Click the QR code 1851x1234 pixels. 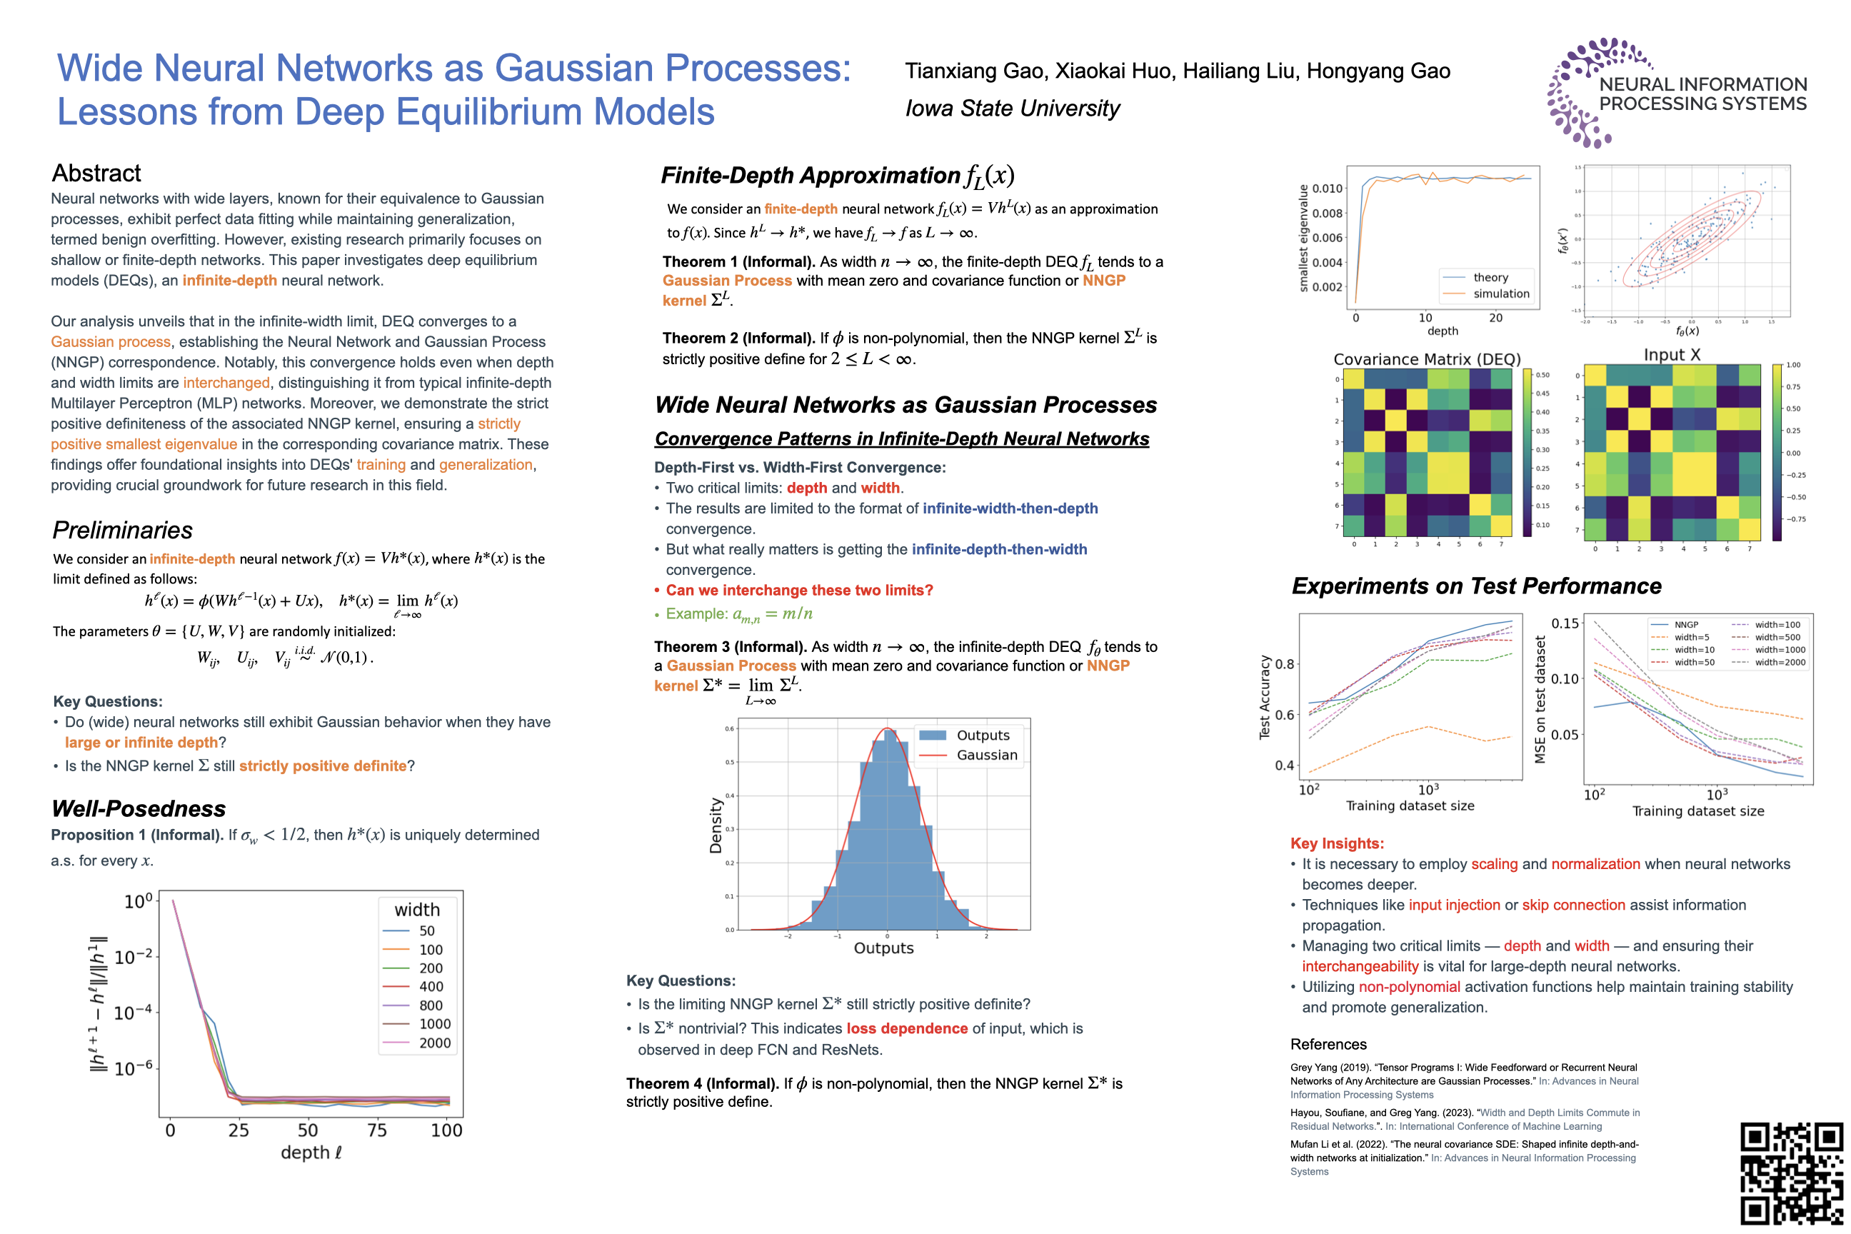[1790, 1173]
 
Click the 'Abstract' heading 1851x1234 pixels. [96, 173]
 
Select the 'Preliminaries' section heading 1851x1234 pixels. [122, 531]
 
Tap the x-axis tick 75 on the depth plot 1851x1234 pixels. [377, 1130]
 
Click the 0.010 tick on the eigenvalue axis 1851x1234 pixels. [1327, 188]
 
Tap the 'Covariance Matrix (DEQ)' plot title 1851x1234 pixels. [1427, 359]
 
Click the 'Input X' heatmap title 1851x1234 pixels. [1672, 355]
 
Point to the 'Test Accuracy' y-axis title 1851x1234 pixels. [1265, 696]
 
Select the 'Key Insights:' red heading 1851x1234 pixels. [1336, 843]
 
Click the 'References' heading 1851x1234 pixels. [1328, 1044]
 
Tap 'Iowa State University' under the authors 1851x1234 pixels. [1012, 109]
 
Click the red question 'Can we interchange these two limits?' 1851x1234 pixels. [799, 591]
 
